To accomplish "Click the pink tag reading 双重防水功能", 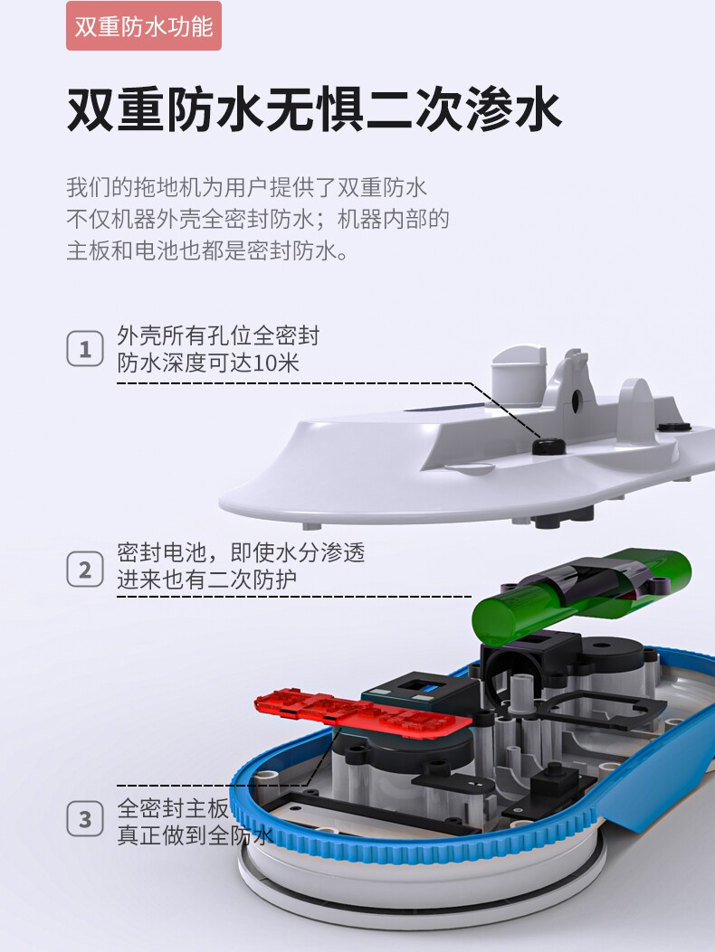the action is click(144, 26).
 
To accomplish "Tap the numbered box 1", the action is click(85, 348).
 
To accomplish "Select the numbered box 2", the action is click(85, 569).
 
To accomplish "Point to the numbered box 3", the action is click(85, 818).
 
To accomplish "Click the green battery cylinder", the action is click(582, 594).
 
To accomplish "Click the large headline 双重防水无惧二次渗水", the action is click(314, 110).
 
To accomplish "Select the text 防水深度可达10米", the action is click(208, 363).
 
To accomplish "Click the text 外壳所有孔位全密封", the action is click(218, 335).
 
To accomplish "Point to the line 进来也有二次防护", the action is click(206, 580).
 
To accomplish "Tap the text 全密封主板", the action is click(173, 808).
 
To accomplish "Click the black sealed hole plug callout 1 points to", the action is click(549, 447).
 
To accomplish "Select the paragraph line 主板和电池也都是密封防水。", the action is click(207, 250).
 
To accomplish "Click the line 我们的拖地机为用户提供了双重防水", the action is click(247, 187).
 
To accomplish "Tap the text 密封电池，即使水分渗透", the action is click(241, 552).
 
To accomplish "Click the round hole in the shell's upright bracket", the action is click(575, 398).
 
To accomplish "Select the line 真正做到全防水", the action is click(195, 835).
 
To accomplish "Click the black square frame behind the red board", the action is click(420, 687).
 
